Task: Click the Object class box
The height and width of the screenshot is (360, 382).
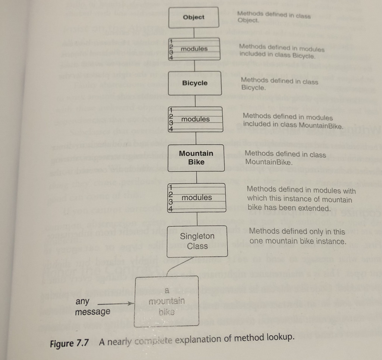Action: coord(194,17)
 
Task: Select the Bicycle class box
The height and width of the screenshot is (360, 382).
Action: coord(195,83)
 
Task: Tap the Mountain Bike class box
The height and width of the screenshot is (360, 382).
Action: coord(196,157)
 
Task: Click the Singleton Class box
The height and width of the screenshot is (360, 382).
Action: coord(197,241)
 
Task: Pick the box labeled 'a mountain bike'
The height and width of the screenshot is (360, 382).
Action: coord(167,301)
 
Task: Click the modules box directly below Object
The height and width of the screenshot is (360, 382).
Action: coord(194,49)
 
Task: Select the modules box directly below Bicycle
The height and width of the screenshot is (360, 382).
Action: coord(195,119)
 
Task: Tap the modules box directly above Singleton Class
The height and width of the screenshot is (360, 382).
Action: coord(196,198)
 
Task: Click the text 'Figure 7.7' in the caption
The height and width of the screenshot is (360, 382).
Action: coord(70,343)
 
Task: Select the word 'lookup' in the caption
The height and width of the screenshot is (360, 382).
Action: coord(281,338)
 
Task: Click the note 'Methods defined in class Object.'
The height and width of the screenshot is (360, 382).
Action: coord(274,17)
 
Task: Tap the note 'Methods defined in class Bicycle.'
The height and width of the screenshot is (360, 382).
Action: coord(279,84)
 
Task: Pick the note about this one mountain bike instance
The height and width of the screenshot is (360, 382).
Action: coord(297,236)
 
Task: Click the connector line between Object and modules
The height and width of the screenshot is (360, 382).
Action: coord(193,32)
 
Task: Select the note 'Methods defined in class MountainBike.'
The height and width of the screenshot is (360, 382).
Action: coord(285,158)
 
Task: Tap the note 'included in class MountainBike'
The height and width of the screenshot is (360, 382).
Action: coord(292,120)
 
